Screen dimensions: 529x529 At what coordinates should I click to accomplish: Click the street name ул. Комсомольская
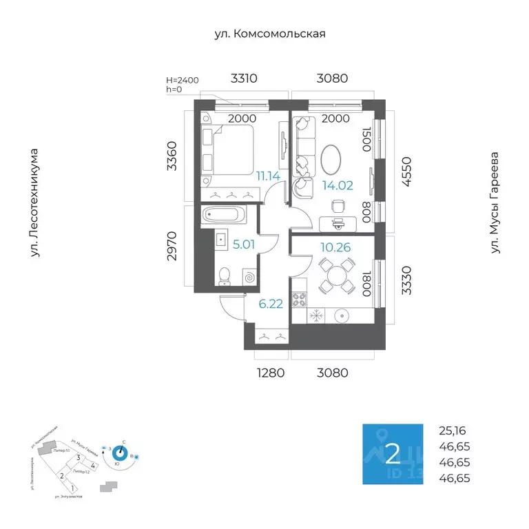tap(269, 33)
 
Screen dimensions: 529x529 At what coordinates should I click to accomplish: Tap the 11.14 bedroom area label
tap(268, 176)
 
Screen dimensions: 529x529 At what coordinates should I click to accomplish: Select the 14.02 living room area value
tap(338, 184)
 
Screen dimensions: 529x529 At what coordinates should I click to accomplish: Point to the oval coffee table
tap(331, 160)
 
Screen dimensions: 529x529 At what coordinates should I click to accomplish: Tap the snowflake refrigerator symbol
tap(316, 315)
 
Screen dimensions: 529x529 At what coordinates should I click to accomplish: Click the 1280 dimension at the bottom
tap(271, 373)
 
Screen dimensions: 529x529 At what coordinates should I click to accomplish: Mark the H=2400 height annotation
tap(183, 81)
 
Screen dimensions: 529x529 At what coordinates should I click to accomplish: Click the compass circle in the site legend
tap(121, 453)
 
